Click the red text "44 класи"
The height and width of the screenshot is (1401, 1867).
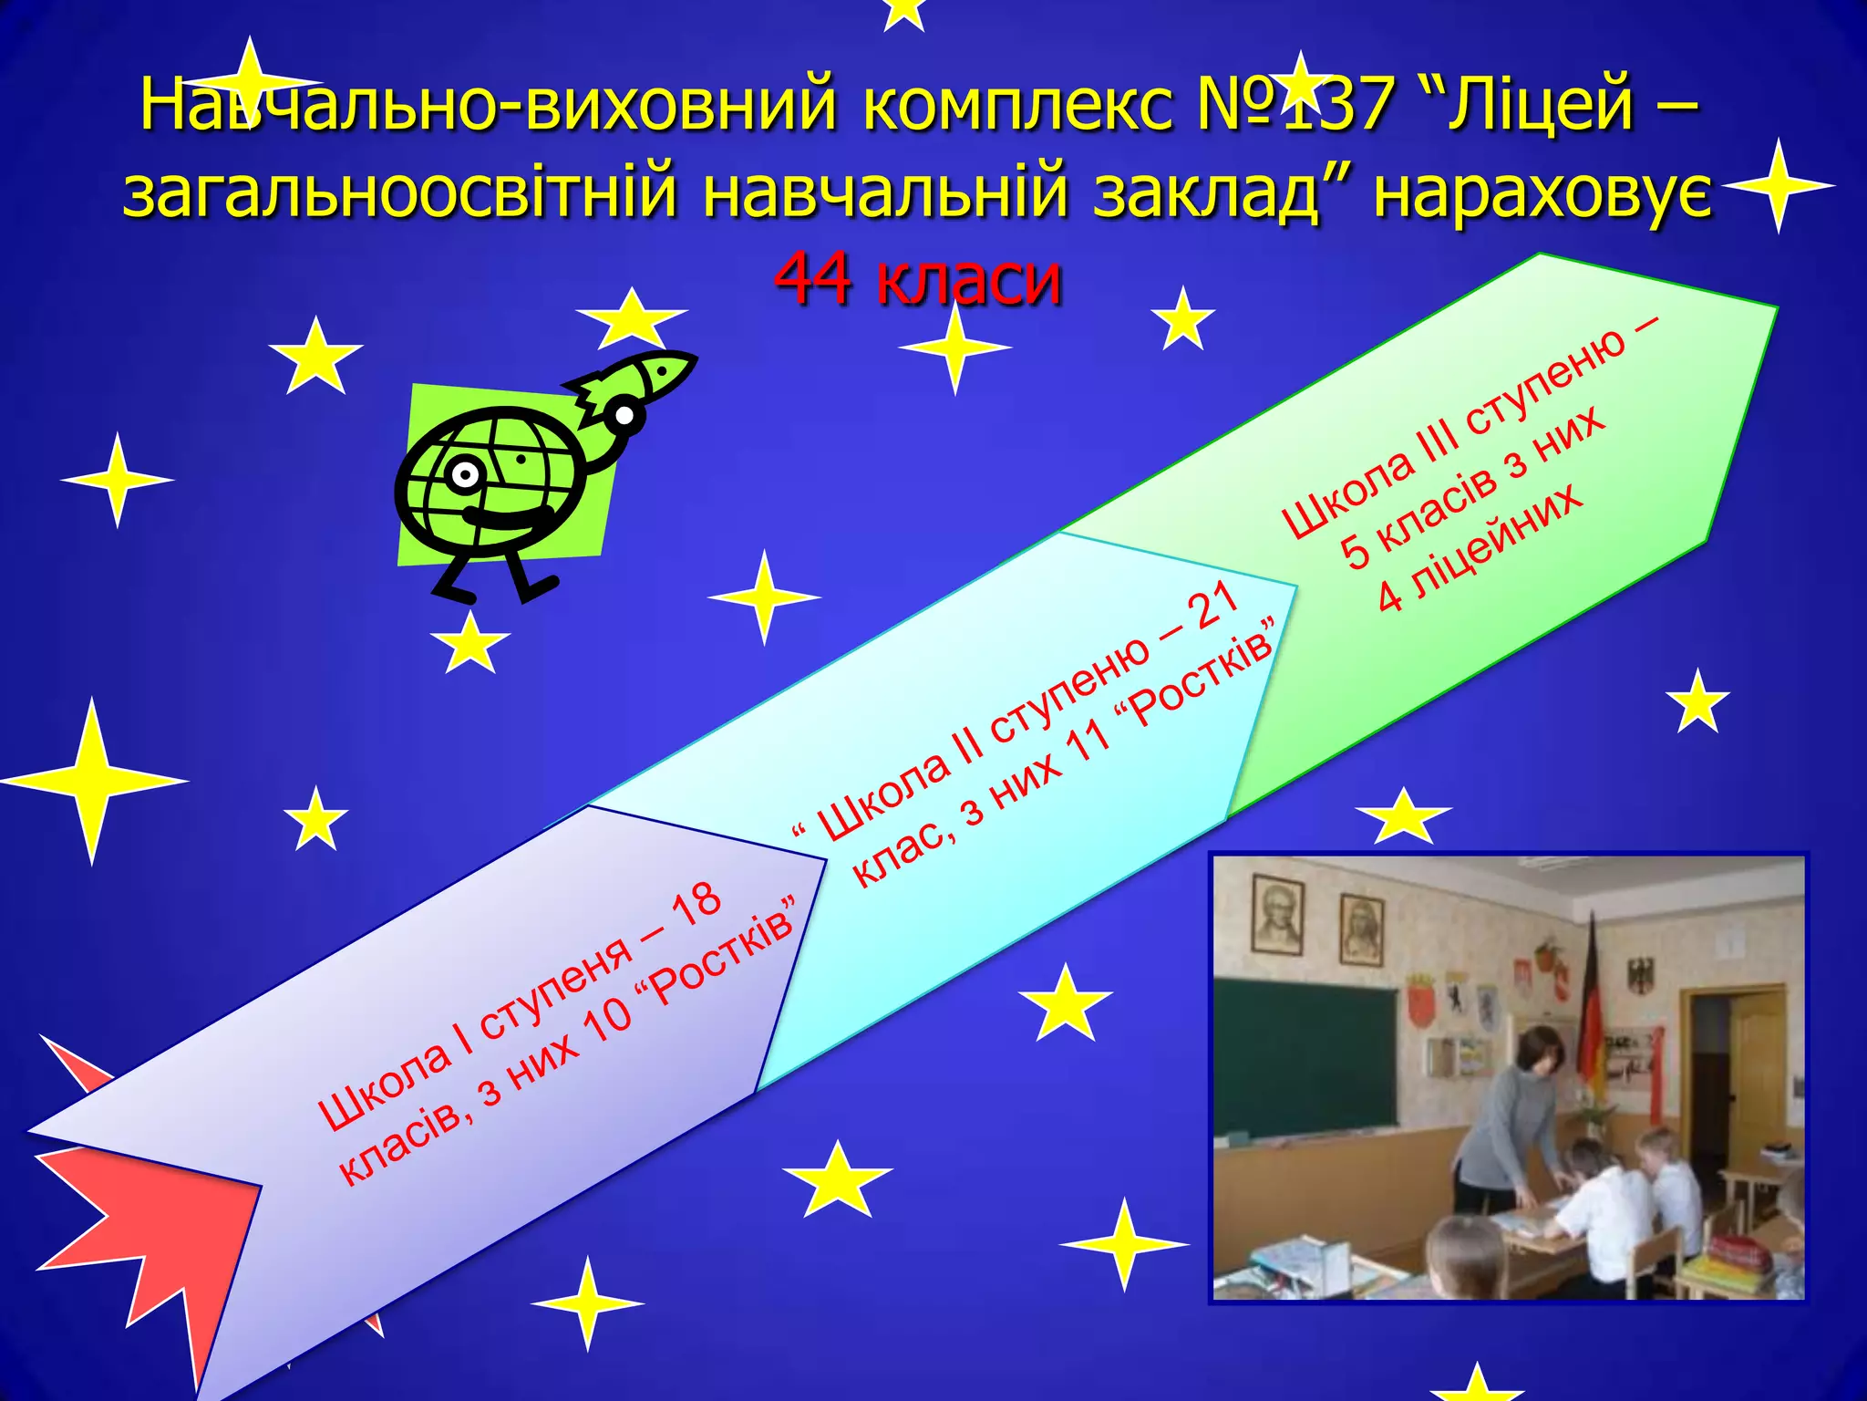tap(918, 278)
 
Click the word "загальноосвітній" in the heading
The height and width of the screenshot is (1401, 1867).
tap(400, 193)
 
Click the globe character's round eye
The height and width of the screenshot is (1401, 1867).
tap(465, 474)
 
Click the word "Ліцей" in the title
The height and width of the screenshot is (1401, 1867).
tap(1541, 105)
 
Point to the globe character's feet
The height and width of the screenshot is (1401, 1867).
tap(497, 588)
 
